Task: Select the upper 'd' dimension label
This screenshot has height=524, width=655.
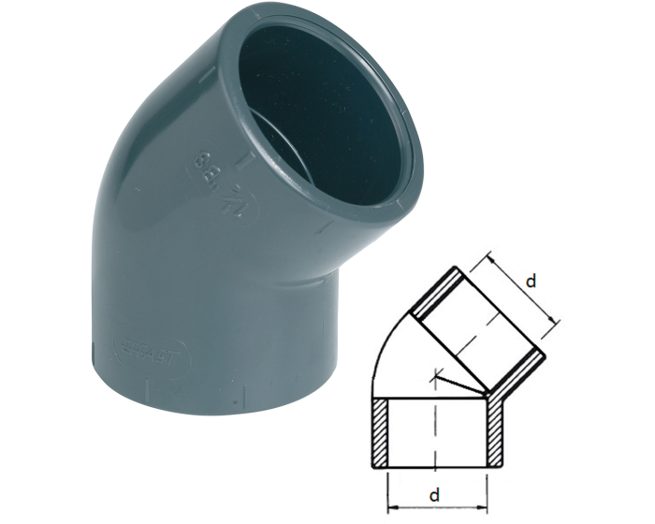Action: tap(531, 281)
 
